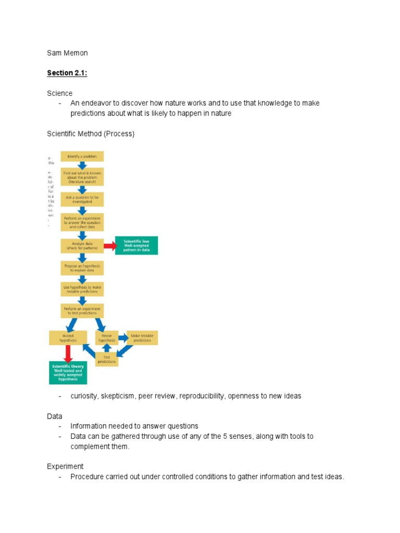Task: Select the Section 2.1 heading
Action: [x=67, y=73]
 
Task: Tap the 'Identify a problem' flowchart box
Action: [x=82, y=156]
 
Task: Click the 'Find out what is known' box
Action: [x=82, y=177]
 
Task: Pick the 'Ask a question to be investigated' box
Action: [x=82, y=200]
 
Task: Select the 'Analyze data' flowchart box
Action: [x=82, y=245]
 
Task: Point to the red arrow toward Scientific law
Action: [x=110, y=245]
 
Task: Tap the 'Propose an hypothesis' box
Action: [x=82, y=268]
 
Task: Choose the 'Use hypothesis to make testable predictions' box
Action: [x=82, y=289]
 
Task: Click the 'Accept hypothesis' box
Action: [x=68, y=338]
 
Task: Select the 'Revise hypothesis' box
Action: [x=106, y=338]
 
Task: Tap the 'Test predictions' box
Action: [x=106, y=359]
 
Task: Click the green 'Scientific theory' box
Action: [x=68, y=373]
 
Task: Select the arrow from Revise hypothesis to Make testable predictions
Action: [x=123, y=338]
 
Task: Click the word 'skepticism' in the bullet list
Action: [x=118, y=396]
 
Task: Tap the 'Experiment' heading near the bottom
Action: [x=65, y=466]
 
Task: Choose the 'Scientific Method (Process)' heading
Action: [x=91, y=134]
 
